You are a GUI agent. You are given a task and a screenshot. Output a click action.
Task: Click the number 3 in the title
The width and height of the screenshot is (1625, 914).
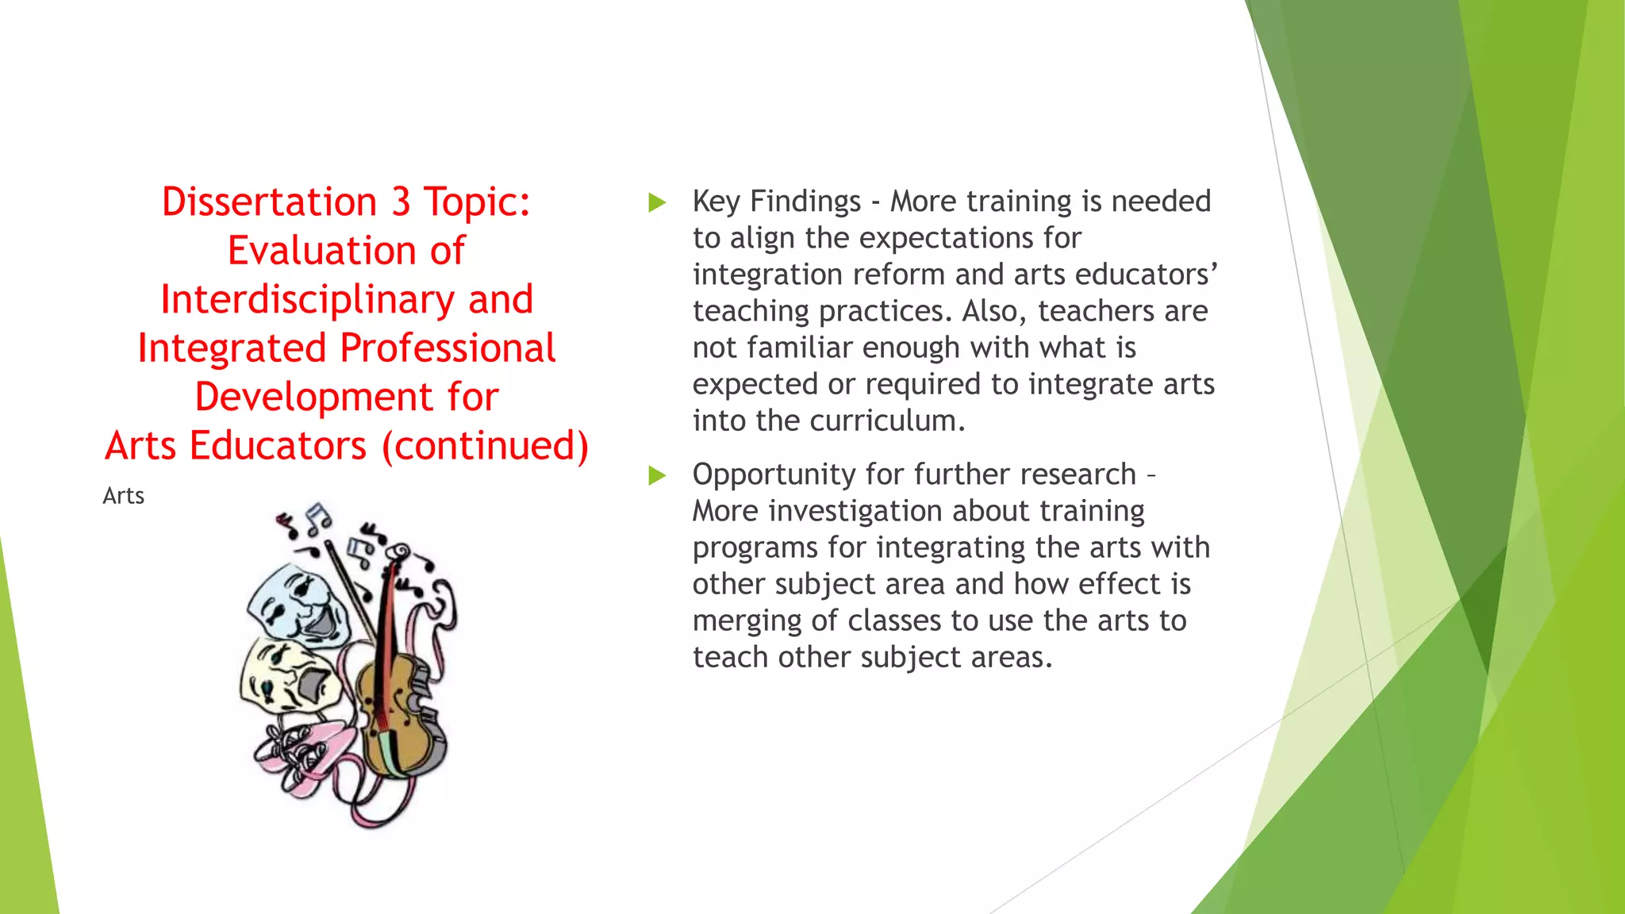point(401,202)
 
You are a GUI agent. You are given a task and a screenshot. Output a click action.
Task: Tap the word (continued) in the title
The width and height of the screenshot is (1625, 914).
point(486,446)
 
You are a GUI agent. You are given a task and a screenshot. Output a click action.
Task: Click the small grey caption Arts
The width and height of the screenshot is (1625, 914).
point(123,496)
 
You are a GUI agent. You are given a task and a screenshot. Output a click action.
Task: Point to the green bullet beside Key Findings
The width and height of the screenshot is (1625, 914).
point(657,202)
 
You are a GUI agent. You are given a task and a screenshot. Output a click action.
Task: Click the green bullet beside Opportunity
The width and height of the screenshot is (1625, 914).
point(657,475)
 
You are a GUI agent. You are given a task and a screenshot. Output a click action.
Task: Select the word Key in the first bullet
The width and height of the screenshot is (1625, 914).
point(716,202)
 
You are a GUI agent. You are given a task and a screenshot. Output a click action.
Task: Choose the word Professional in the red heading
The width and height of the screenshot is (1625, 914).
point(448,349)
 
